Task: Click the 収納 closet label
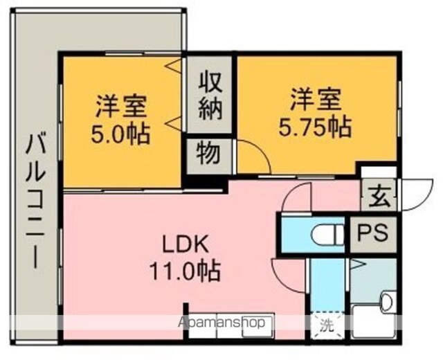point(210,96)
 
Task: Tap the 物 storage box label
point(209,154)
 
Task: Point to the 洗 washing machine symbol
point(327,325)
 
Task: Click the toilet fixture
point(328,234)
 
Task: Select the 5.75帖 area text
point(316,127)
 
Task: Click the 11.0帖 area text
point(186,271)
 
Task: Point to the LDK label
point(186,244)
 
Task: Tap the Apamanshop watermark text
point(221,322)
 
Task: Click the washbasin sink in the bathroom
point(386,303)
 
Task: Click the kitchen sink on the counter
point(257,325)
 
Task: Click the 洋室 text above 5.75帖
point(316,100)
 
